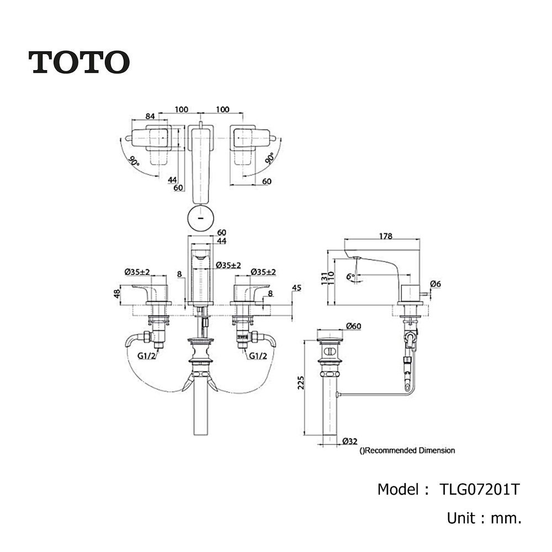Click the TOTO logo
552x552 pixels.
pyautogui.click(x=79, y=62)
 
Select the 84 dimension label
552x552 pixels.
pyautogui.click(x=150, y=116)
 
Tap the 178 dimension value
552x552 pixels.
pyautogui.click(x=386, y=236)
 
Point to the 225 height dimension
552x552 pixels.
pyautogui.click(x=301, y=383)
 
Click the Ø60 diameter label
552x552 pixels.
pyautogui.click(x=353, y=326)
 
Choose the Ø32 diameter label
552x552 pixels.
pyautogui.click(x=349, y=440)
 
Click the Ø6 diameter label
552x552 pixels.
pyautogui.click(x=436, y=284)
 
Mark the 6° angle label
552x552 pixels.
pyautogui.click(x=351, y=277)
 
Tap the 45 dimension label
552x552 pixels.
pyautogui.click(x=297, y=288)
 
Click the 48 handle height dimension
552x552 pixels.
pyautogui.click(x=117, y=293)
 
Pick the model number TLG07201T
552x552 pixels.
pyautogui.click(x=480, y=489)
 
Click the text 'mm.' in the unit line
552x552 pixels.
pyautogui.click(x=506, y=518)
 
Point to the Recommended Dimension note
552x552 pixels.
pyautogui.click(x=407, y=450)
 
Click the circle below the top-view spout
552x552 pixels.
pyautogui.click(x=201, y=218)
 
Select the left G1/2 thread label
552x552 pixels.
pyautogui.click(x=146, y=356)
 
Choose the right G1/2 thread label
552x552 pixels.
pyautogui.click(x=258, y=356)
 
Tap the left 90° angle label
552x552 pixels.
pyautogui.click(x=134, y=161)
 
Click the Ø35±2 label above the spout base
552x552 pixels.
pyautogui.click(x=229, y=265)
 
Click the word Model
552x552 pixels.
pyautogui.click(x=399, y=489)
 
